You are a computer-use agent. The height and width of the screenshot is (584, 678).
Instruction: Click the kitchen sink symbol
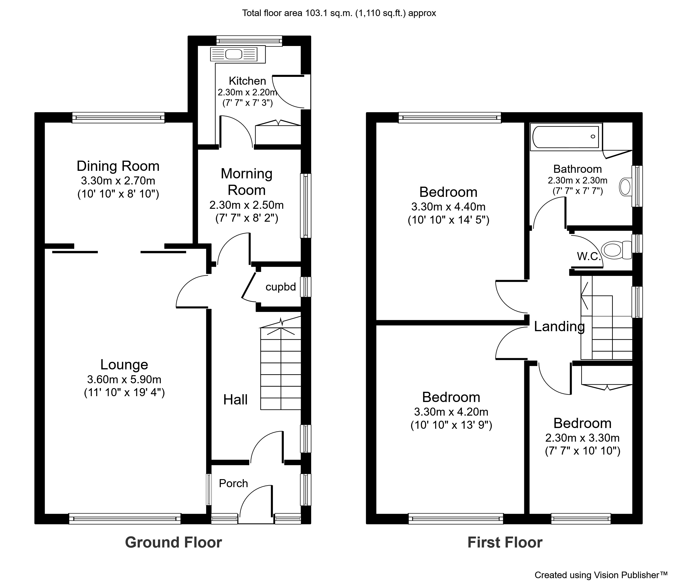[x=234, y=54]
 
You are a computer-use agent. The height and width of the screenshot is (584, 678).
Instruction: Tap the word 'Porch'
[x=233, y=484]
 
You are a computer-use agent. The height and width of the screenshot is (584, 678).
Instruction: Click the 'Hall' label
[x=235, y=400]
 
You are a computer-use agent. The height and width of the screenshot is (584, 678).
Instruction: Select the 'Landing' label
[x=559, y=326]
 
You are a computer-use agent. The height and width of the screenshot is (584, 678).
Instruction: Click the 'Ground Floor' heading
[x=173, y=542]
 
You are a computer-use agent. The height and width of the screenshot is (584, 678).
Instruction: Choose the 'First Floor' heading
[x=505, y=542]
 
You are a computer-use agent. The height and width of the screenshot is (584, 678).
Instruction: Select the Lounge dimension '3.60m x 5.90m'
[x=124, y=379]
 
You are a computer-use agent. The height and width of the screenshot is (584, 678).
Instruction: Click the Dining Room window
[x=118, y=118]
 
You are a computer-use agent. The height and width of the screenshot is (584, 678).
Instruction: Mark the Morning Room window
[x=306, y=206]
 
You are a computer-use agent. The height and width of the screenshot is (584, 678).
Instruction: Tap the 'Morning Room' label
[x=246, y=182]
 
